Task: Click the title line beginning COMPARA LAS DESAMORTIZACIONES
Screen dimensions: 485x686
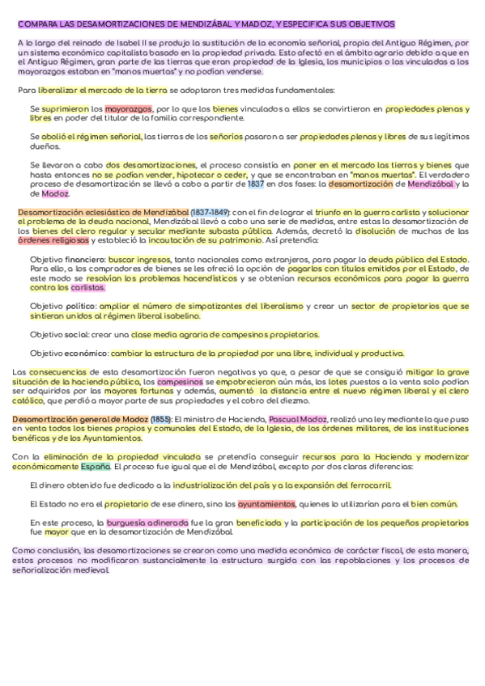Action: (x=206, y=25)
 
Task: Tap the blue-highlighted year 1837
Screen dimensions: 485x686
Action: (x=257, y=184)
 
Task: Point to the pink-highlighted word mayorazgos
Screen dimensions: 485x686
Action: (x=129, y=108)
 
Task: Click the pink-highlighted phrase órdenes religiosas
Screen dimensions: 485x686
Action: (x=54, y=240)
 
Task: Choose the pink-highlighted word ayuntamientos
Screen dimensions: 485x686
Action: (x=266, y=503)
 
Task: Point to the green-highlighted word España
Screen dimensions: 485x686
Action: (x=96, y=467)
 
